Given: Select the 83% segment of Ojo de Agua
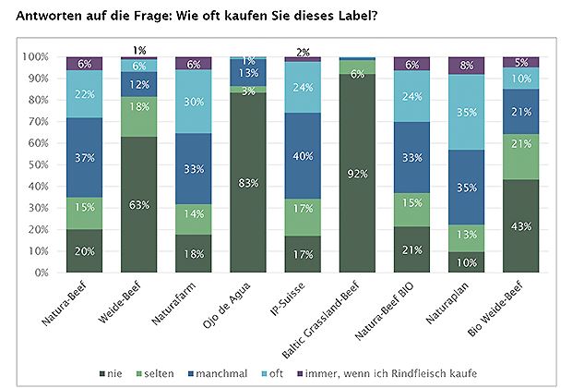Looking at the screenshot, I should (x=248, y=183).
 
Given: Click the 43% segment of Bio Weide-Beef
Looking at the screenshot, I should (x=520, y=226).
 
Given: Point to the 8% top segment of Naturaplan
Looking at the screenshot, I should (x=466, y=66).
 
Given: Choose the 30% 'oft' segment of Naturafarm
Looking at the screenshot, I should (x=194, y=102).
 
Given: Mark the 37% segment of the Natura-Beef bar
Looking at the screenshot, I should (x=85, y=157).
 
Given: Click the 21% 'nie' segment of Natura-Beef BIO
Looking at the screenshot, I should (x=411, y=249).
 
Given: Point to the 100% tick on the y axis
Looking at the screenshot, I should (x=36, y=56).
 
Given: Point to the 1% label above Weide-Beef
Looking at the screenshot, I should (x=139, y=50).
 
